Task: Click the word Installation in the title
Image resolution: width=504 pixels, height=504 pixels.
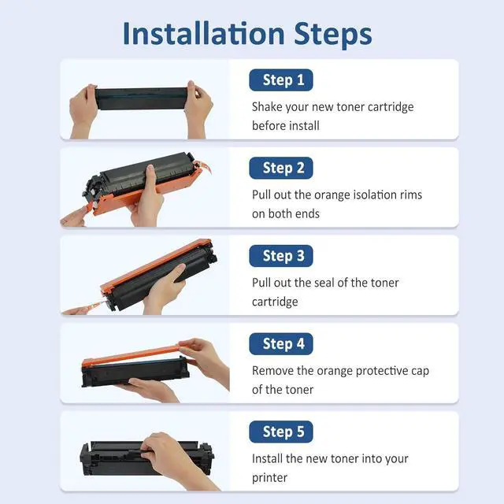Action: (x=204, y=33)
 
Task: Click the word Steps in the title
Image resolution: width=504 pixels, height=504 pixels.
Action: (x=333, y=35)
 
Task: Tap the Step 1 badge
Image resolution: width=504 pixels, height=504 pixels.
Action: (x=281, y=80)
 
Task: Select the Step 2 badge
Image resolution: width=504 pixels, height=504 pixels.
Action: (x=281, y=168)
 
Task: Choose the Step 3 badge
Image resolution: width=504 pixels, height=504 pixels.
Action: (x=281, y=256)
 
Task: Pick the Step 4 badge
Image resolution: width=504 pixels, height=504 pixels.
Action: (x=281, y=344)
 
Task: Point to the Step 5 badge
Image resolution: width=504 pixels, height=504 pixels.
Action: (x=281, y=432)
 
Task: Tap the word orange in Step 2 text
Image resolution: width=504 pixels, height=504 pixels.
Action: (x=332, y=195)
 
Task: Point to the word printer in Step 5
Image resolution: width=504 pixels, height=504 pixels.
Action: (x=269, y=478)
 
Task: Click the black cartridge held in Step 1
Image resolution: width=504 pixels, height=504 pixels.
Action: (x=141, y=98)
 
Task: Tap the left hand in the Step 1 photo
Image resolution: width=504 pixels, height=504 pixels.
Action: (x=83, y=111)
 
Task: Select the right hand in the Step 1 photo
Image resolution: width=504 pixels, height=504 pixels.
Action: (x=198, y=109)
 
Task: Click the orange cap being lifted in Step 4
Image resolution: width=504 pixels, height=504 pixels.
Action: (x=131, y=355)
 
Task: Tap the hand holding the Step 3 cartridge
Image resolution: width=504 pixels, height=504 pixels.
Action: (x=165, y=289)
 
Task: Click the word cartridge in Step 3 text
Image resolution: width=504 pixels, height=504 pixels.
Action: (x=275, y=302)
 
